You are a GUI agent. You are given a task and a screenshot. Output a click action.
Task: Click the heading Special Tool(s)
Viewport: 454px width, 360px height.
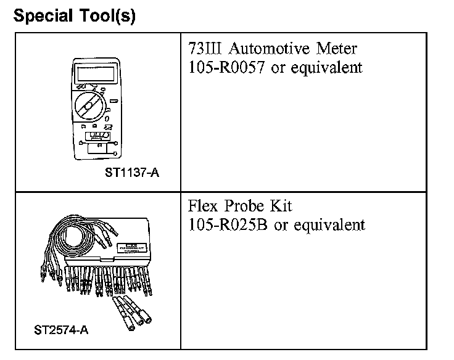click(74, 16)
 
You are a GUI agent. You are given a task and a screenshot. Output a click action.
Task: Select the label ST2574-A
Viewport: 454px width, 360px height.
click(61, 330)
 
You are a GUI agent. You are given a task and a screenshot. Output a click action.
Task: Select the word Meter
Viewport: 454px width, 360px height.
click(339, 49)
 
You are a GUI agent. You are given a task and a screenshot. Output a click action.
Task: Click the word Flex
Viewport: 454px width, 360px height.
click(204, 206)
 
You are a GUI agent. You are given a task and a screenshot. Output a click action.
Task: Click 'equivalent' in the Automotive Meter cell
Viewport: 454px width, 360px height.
click(327, 68)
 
